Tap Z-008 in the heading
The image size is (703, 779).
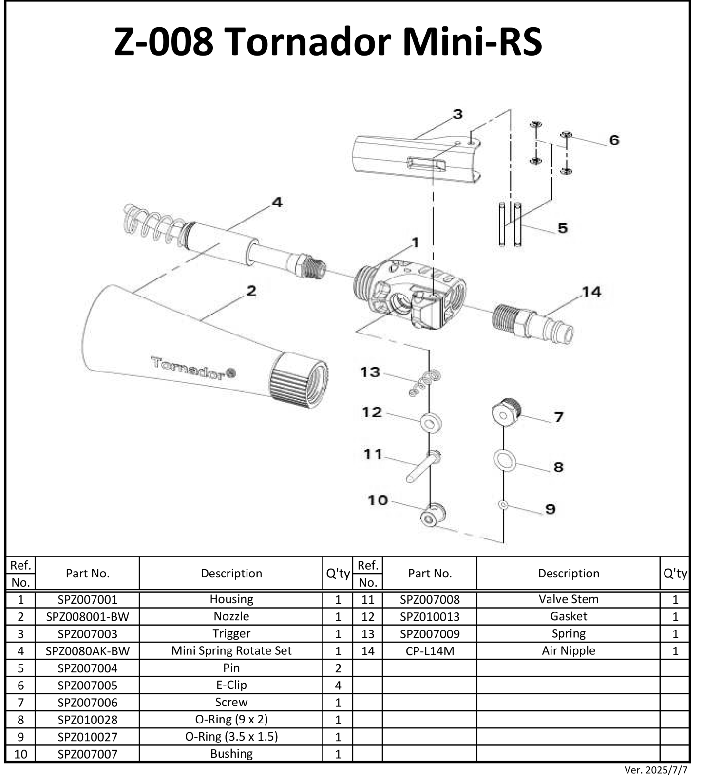[163, 42]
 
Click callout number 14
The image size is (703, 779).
[591, 292]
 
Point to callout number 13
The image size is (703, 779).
[370, 372]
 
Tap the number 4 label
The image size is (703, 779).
[277, 202]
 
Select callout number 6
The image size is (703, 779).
[614, 140]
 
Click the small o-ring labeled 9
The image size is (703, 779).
[503, 506]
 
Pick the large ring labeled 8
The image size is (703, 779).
[504, 460]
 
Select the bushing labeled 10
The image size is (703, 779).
[432, 516]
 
